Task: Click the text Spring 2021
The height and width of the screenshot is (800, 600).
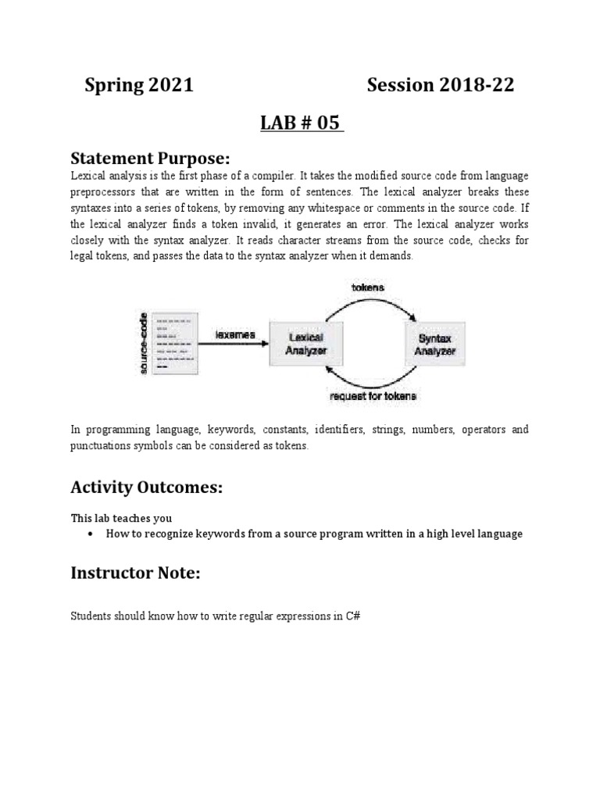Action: pyautogui.click(x=139, y=86)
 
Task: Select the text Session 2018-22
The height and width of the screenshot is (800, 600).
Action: pyautogui.click(x=441, y=86)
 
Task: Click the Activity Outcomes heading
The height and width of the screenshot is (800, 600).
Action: pyautogui.click(x=146, y=487)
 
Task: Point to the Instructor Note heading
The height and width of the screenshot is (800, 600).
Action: pyautogui.click(x=135, y=573)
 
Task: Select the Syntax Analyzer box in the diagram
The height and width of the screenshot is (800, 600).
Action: pyautogui.click(x=434, y=344)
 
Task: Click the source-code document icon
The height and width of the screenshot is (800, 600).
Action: pyautogui.click(x=173, y=345)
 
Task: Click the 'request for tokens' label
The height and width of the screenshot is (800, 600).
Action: pyautogui.click(x=373, y=398)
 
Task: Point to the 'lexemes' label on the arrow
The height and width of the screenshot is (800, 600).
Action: pyautogui.click(x=235, y=334)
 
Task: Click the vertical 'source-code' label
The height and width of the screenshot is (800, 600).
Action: pyautogui.click(x=143, y=345)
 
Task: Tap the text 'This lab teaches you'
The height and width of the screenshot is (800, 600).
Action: pyautogui.click(x=121, y=518)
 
